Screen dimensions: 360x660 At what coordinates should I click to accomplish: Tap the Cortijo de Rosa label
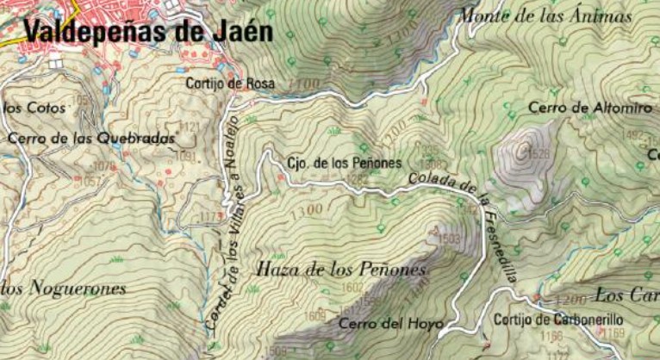tap(230, 84)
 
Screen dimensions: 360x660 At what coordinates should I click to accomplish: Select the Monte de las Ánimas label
tap(545, 16)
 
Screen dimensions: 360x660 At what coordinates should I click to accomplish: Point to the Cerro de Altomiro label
tap(589, 109)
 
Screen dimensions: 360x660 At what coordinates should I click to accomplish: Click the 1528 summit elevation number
tap(539, 154)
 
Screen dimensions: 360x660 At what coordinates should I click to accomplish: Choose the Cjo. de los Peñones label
tap(345, 162)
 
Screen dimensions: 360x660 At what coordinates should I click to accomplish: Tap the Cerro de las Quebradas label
tap(91, 138)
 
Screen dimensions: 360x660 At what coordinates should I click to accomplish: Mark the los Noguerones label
tap(64, 288)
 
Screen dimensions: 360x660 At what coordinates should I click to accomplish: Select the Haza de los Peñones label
tap(342, 270)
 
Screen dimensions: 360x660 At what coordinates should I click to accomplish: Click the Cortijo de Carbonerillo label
tap(558, 320)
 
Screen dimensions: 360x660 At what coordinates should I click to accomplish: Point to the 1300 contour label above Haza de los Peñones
tap(308, 209)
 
